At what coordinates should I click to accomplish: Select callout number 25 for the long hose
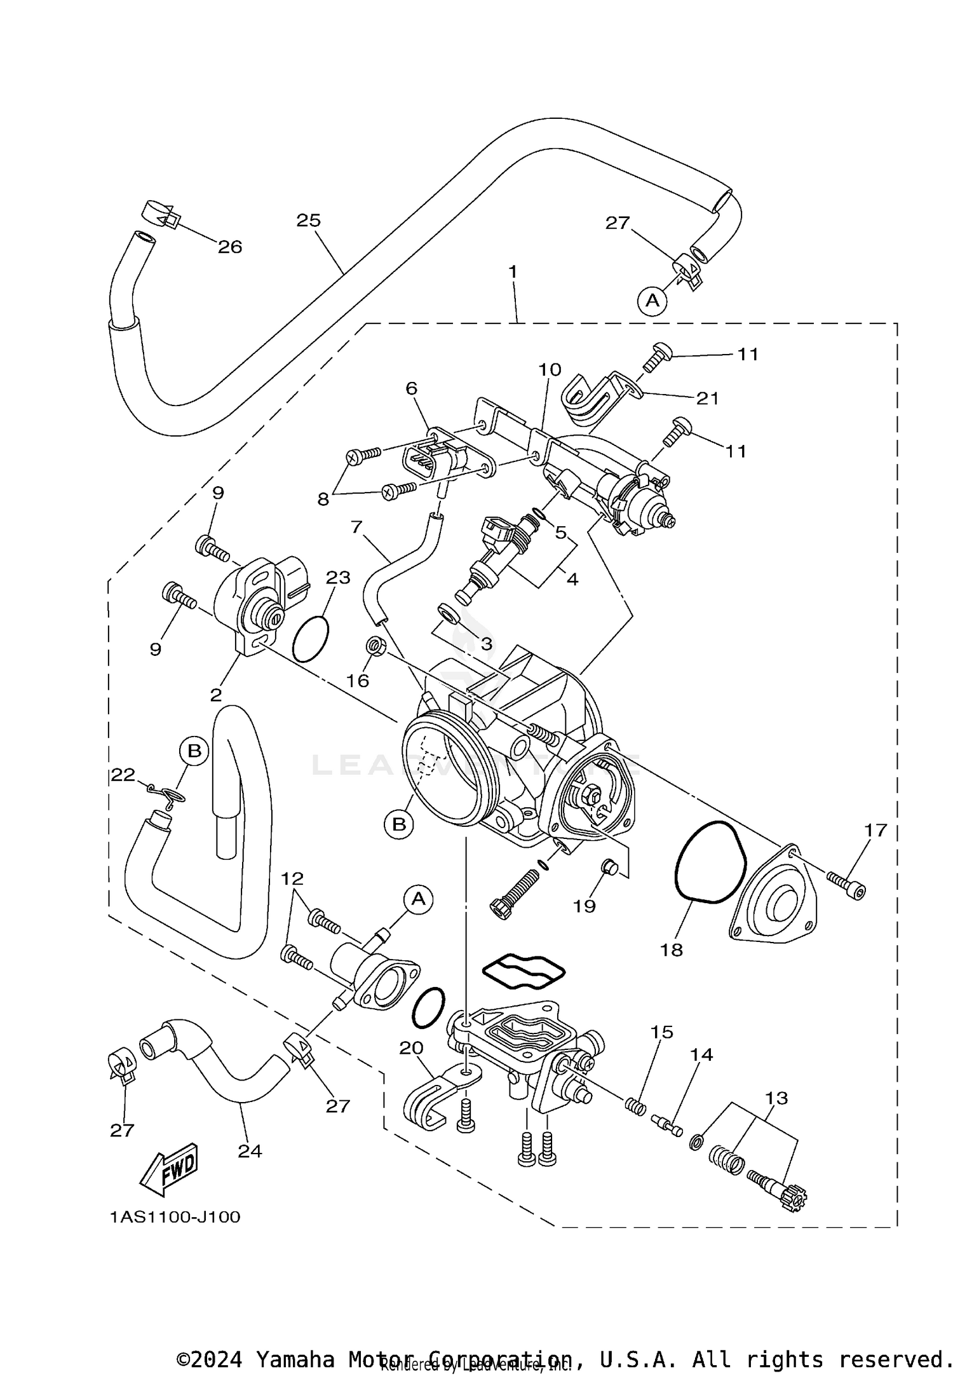(x=309, y=221)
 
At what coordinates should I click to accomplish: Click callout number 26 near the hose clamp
(x=230, y=247)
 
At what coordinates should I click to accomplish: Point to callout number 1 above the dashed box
(x=513, y=272)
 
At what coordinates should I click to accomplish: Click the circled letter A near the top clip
(x=652, y=299)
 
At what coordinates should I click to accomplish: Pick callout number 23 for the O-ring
(x=338, y=577)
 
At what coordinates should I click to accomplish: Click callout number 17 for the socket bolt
(x=875, y=830)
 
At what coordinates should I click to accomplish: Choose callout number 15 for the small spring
(x=662, y=1032)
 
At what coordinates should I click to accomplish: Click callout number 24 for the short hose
(x=250, y=1150)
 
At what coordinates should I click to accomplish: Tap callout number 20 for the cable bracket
(x=411, y=1048)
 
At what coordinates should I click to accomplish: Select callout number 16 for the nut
(x=358, y=681)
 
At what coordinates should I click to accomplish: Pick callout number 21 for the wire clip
(x=708, y=398)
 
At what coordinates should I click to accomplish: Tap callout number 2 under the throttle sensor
(x=216, y=695)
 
